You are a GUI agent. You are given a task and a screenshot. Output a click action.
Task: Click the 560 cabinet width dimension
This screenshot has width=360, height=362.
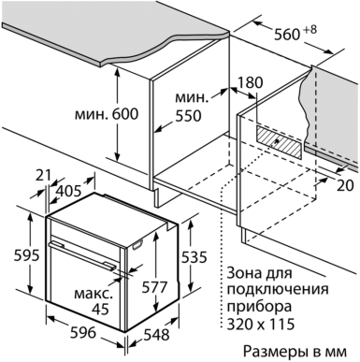[x=287, y=34]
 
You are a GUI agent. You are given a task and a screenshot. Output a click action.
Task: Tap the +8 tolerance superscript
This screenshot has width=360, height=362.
[x=310, y=30]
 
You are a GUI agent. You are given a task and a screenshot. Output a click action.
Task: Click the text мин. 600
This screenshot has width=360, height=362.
[x=107, y=114]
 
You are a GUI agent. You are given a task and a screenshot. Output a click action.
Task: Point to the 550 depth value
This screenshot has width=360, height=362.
[x=188, y=116]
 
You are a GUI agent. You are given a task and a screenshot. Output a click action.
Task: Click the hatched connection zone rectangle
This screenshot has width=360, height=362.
[x=280, y=142]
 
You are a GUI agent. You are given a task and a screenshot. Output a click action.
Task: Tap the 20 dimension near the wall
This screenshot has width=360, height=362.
[x=345, y=186]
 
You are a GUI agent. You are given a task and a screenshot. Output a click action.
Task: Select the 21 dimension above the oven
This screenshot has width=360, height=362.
[x=43, y=176]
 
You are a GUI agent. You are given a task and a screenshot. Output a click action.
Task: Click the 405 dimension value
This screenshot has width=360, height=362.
[x=68, y=191]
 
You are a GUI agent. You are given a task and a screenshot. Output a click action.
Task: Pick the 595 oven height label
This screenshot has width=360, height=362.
[x=27, y=255]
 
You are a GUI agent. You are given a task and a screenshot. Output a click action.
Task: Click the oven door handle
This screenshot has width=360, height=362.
[x=82, y=254]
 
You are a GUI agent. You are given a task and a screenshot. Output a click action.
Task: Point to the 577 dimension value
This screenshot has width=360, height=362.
[x=155, y=287]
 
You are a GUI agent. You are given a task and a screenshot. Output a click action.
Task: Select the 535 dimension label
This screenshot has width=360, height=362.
[x=194, y=257]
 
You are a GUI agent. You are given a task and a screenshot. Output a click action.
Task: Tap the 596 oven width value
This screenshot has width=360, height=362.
[x=83, y=333]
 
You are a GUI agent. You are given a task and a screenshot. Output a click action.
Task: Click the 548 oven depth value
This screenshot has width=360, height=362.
[x=156, y=335]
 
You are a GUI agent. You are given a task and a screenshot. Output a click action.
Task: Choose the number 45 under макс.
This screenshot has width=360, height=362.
[x=101, y=309]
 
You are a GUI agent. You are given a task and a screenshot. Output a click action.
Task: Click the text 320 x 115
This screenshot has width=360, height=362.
[x=261, y=324]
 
